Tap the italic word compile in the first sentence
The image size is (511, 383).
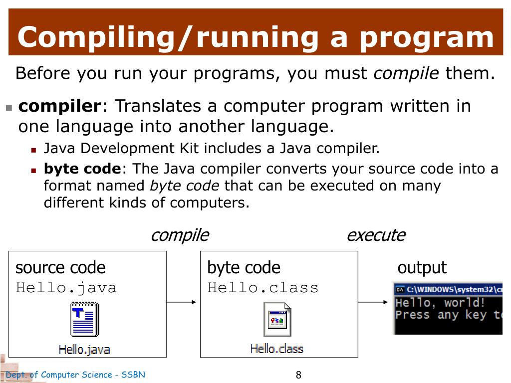click(406, 74)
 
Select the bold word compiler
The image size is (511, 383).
click(60, 106)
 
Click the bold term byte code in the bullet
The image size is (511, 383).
click(82, 169)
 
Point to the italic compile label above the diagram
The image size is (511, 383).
click(180, 235)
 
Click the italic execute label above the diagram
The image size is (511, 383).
click(376, 235)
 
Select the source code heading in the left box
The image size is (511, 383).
click(60, 268)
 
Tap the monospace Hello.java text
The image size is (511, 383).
click(66, 288)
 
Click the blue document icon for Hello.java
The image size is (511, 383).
click(84, 320)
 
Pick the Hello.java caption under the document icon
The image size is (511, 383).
click(84, 349)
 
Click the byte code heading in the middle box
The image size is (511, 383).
click(244, 268)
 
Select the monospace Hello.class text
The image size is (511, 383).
click(262, 288)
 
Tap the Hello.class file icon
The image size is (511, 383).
click(277, 319)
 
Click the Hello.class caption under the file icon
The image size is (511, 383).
click(276, 349)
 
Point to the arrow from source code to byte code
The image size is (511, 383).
click(182, 302)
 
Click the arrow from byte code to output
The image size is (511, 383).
click(373, 302)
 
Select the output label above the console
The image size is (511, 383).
click(422, 268)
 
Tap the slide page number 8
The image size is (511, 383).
click(298, 375)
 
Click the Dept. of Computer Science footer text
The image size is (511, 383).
click(75, 375)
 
